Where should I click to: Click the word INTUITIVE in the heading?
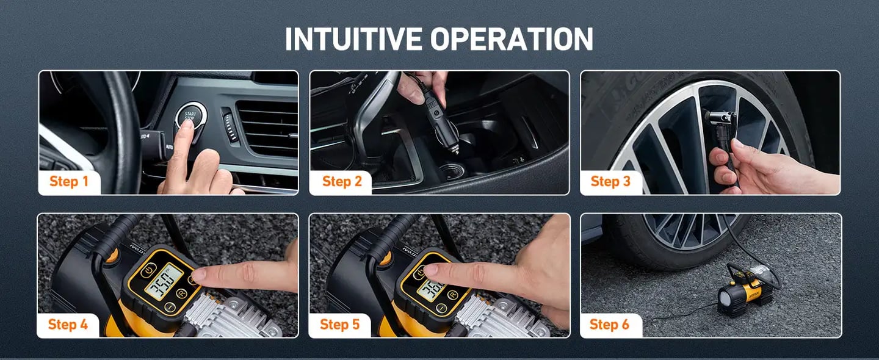[x=354, y=40]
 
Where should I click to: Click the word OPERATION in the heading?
[x=511, y=40]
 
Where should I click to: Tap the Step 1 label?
[x=69, y=181]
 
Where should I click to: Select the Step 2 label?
[x=341, y=181]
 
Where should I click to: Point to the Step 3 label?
[x=610, y=181]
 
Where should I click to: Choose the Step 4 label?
[x=67, y=324]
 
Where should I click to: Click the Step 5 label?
[x=339, y=324]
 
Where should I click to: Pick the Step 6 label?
[x=609, y=324]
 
